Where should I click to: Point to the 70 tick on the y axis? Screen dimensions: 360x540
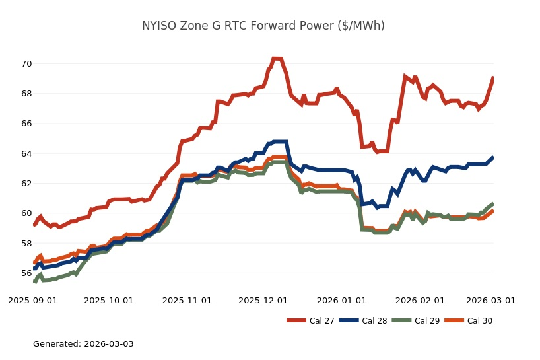pyautogui.click(x=26, y=64)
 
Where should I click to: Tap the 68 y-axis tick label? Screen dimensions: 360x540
pyautogui.click(x=26, y=94)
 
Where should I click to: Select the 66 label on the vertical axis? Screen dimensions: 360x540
pyautogui.click(x=26, y=124)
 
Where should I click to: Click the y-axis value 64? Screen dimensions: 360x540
pyautogui.click(x=26, y=154)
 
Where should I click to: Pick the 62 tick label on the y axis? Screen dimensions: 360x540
pyautogui.click(x=26, y=184)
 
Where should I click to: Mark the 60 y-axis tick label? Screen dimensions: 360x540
pyautogui.click(x=26, y=213)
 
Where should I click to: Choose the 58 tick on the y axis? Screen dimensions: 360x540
pyautogui.click(x=26, y=243)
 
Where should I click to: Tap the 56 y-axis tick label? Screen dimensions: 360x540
pyautogui.click(x=26, y=273)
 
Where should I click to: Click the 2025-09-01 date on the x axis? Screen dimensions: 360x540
pyautogui.click(x=33, y=300)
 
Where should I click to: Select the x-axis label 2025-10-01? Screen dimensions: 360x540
pyautogui.click(x=109, y=300)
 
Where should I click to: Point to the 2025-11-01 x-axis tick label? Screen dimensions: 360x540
pyautogui.click(x=187, y=300)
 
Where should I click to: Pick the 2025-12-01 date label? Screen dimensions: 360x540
pyautogui.click(x=263, y=300)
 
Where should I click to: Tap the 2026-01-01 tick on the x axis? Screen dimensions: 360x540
pyautogui.click(x=341, y=300)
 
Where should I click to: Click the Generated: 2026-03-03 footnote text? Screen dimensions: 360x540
pyautogui.click(x=83, y=344)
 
